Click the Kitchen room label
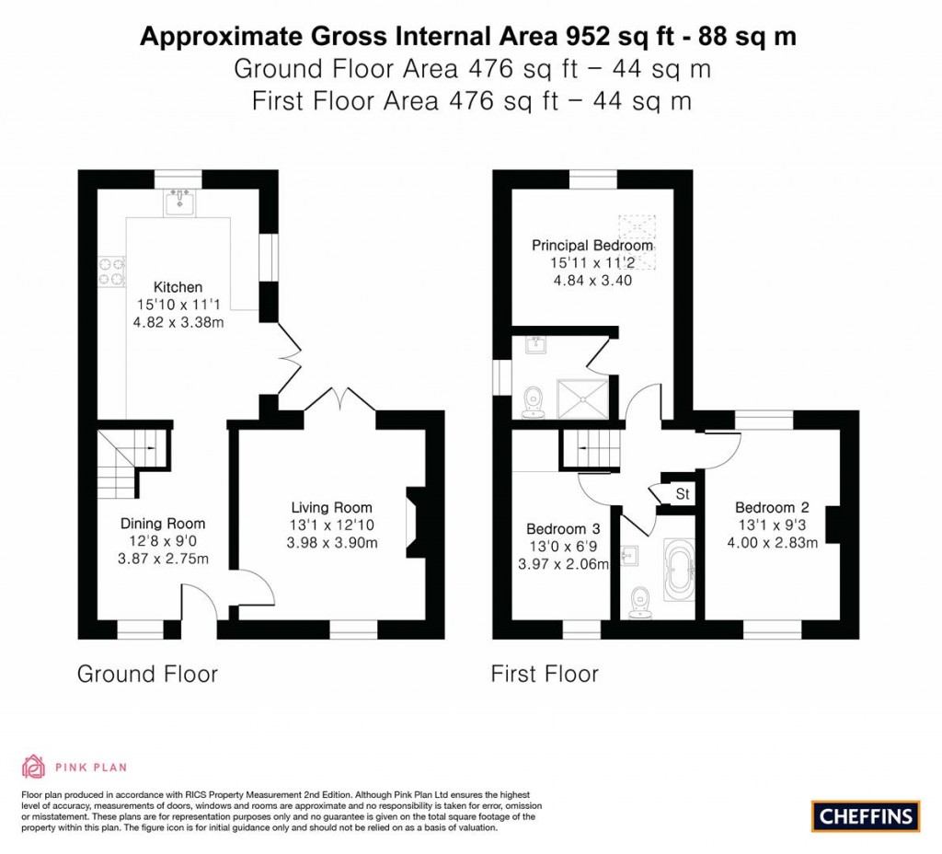(x=178, y=287)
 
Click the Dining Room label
(x=163, y=524)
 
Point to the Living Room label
(x=331, y=507)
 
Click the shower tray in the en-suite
(x=580, y=395)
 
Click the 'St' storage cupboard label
(x=683, y=494)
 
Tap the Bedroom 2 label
(x=764, y=507)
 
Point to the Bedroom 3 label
(x=563, y=529)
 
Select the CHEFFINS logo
(x=866, y=814)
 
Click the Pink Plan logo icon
(x=33, y=766)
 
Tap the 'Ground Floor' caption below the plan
(x=147, y=674)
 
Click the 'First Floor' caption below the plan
(x=545, y=674)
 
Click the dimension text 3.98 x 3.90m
(x=331, y=542)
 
